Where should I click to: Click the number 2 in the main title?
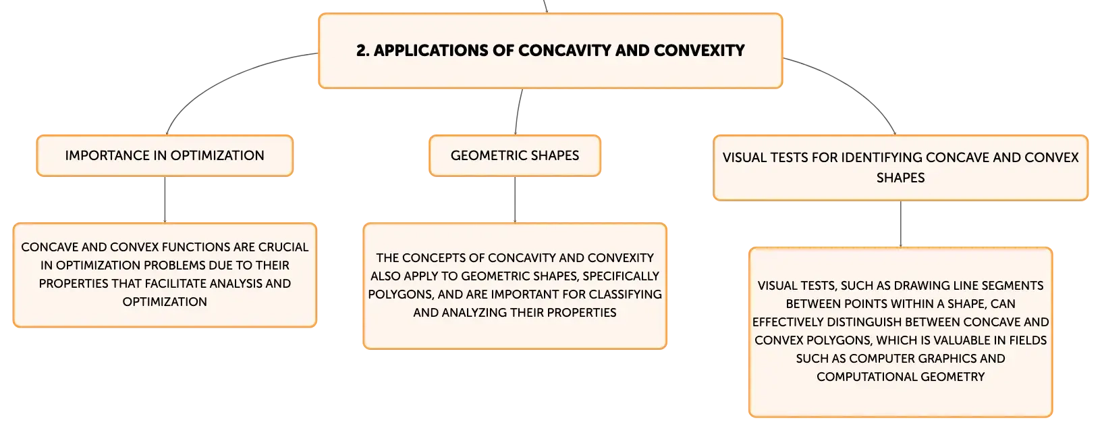[362, 50]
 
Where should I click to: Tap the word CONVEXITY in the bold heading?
[699, 50]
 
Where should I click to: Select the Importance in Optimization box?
[165, 155]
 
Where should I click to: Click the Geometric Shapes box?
[515, 155]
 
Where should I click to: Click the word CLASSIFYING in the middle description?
[626, 294]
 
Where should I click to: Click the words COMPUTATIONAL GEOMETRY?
[901, 377]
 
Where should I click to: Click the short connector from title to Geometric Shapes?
[518, 111]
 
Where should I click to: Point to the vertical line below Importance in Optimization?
[165, 199]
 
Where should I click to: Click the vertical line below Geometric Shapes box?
[515, 199]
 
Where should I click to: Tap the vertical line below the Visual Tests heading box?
[901, 224]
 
